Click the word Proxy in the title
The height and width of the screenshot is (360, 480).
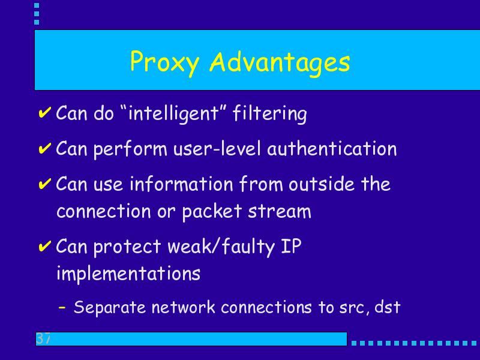(164, 63)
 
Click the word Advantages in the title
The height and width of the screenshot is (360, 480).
(280, 62)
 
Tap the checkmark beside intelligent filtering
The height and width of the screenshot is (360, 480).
(44, 112)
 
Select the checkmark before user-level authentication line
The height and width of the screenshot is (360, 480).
(44, 148)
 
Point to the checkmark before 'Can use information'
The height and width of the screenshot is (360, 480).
(44, 184)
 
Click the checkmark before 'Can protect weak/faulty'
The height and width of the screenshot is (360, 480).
(44, 246)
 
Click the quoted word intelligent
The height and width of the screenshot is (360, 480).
(173, 113)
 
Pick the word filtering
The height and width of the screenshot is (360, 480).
(269, 113)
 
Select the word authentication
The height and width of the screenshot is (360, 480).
(332, 148)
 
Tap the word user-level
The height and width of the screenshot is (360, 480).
(217, 149)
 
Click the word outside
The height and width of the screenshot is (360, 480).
(322, 184)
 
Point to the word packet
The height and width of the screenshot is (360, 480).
(212, 212)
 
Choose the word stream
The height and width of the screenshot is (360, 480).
(280, 212)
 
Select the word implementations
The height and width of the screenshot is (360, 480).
(128, 274)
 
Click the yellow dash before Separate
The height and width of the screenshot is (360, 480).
(62, 307)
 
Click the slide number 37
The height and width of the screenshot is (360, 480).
(43, 338)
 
